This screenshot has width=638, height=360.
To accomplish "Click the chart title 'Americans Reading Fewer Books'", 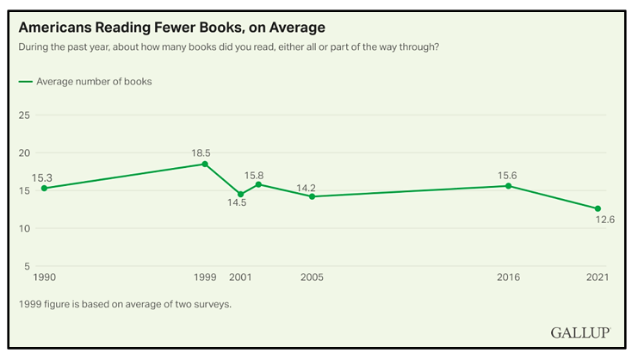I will [172, 28].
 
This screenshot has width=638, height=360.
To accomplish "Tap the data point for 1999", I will [205, 164].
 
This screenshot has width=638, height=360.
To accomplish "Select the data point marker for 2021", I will [598, 208].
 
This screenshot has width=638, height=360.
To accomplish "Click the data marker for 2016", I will [509, 186].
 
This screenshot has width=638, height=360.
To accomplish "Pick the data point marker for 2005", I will [312, 196].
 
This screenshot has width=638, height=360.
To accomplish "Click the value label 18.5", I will [201, 152].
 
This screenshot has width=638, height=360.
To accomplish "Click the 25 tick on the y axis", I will [25, 115].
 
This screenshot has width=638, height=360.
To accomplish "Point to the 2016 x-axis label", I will [510, 277].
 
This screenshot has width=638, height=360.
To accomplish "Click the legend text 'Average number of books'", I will [94, 82].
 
